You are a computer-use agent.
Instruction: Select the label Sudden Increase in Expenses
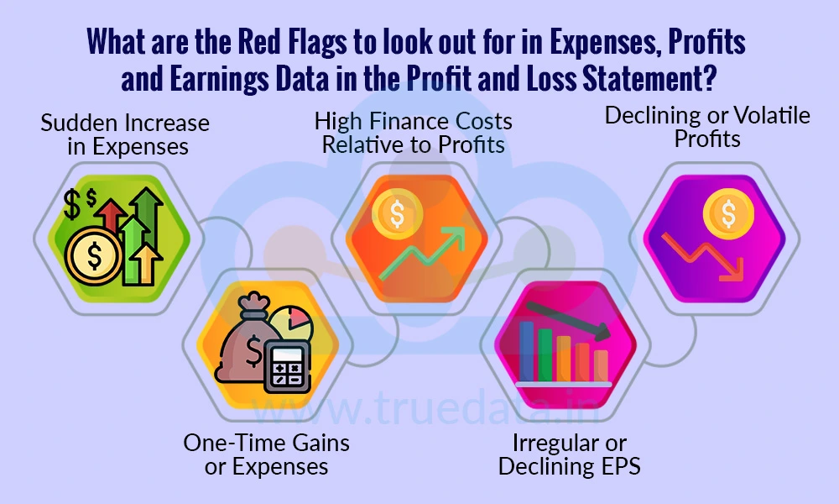point(125,134)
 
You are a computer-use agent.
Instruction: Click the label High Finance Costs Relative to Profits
point(414,133)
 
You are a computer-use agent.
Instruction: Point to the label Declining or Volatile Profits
point(707,127)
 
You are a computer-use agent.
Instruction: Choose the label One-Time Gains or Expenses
point(266,454)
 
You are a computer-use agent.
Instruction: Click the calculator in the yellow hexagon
point(286,366)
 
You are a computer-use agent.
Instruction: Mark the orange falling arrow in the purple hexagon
point(706,256)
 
